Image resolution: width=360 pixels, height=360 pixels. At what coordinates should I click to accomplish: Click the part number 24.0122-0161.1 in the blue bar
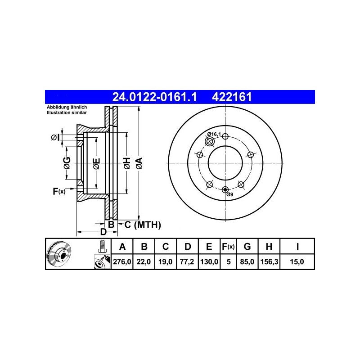click(x=154, y=97)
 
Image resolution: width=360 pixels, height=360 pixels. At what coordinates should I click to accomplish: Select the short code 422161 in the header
click(x=232, y=97)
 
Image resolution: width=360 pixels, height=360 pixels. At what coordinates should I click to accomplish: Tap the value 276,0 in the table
click(x=122, y=261)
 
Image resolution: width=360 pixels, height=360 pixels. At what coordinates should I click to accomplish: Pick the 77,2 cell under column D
click(x=187, y=261)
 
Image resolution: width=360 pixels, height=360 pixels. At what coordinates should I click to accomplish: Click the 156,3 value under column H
click(x=269, y=261)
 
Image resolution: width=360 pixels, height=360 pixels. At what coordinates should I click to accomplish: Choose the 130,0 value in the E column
click(x=209, y=261)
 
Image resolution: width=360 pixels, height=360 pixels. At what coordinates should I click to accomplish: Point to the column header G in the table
click(x=247, y=247)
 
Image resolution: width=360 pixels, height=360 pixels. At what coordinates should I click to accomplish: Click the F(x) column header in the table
click(x=228, y=247)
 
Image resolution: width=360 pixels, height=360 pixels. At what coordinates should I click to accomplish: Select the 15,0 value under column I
click(x=297, y=261)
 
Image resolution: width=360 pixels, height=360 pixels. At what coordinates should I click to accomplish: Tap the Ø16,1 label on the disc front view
click(x=214, y=134)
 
